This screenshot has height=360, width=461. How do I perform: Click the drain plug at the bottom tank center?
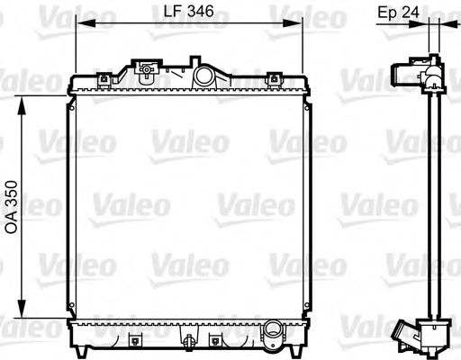pyautogui.click(x=189, y=343)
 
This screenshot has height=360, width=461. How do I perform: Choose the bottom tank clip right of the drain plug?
pyautogui.click(x=215, y=340)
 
